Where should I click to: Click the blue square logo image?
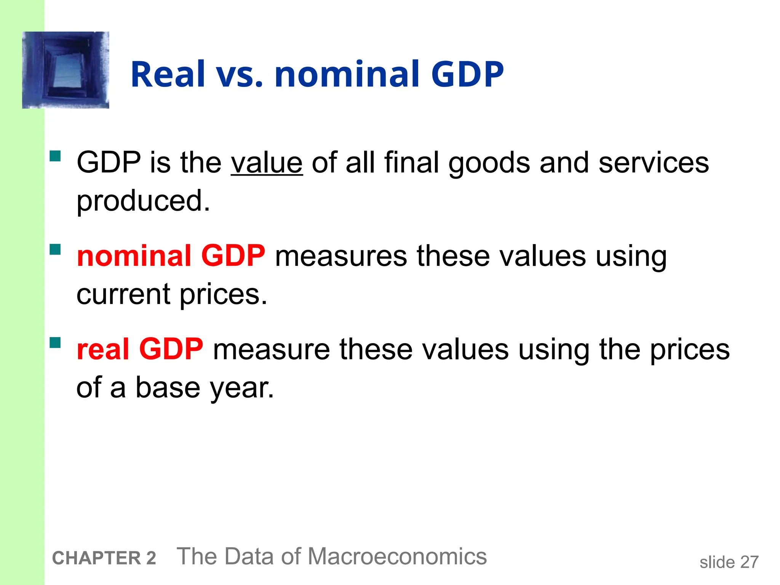point(66,70)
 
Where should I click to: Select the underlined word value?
point(267,163)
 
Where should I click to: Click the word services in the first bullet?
point(654,163)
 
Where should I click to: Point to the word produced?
point(143,201)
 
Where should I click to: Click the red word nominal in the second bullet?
point(134,256)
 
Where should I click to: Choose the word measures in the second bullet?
point(341,256)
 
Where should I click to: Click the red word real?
point(103,349)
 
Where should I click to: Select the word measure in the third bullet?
point(271,349)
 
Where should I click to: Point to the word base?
point(168,388)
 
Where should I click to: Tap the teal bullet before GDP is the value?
point(55,156)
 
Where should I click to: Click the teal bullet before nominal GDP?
point(55,249)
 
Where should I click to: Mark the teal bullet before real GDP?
point(55,343)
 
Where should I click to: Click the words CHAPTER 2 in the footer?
point(104,558)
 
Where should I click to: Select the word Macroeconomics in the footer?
point(397,557)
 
